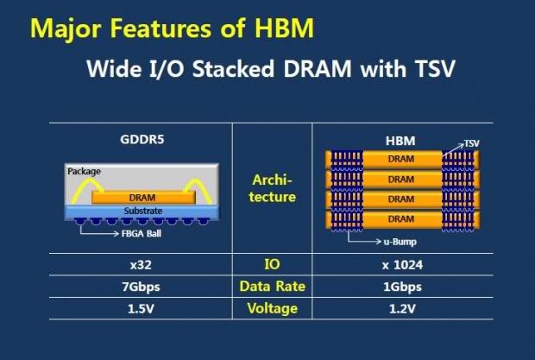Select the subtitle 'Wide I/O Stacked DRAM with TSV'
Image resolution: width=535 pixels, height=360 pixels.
[x=268, y=69]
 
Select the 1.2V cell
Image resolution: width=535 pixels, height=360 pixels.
[x=400, y=308]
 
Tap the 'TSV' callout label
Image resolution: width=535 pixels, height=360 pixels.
[x=472, y=143]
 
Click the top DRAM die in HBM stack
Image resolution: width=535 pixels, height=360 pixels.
[x=400, y=160]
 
